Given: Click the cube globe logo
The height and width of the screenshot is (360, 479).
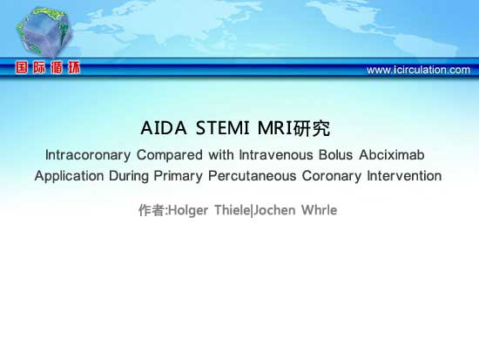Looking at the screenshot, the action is [x=44, y=32].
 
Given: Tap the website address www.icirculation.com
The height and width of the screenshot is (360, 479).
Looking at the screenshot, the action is [x=418, y=70].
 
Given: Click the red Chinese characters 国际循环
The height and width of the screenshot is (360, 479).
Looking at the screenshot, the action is [x=48, y=68].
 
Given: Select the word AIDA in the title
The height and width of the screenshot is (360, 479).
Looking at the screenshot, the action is [x=164, y=128].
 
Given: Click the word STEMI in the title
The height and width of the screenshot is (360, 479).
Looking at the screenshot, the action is [x=222, y=128].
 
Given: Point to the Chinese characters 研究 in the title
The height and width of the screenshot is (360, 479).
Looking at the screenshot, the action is [x=312, y=128].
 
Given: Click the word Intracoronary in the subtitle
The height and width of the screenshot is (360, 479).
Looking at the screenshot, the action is [x=88, y=155].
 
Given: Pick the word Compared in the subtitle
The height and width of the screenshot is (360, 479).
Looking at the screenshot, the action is [x=170, y=155].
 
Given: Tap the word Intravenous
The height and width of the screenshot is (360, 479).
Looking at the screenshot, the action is [x=276, y=155].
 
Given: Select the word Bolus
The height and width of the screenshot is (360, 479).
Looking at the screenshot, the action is [x=335, y=155].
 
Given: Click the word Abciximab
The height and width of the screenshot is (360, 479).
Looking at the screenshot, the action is [x=392, y=155].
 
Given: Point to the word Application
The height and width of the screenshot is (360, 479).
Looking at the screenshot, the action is [x=70, y=176].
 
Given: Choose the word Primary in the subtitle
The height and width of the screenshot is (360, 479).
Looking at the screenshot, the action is [x=178, y=176].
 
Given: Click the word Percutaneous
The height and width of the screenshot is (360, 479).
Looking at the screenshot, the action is [x=253, y=176].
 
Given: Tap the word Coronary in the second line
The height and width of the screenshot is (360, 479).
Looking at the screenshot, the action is [x=332, y=176].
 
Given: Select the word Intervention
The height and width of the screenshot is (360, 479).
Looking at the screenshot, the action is [x=404, y=176].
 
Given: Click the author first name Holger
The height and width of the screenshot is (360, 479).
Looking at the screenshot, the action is [x=188, y=211].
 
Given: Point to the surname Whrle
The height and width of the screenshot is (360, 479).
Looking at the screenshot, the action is [x=320, y=210].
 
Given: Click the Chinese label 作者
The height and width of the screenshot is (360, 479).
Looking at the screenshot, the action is [x=152, y=210].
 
